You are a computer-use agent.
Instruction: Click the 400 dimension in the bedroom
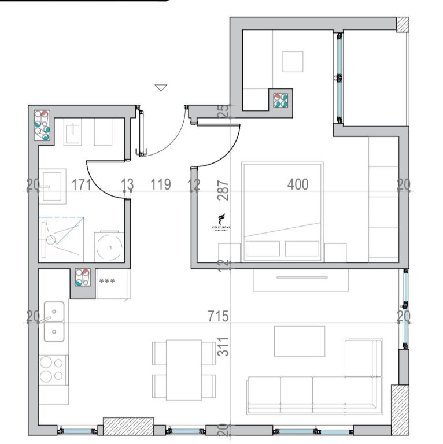298,184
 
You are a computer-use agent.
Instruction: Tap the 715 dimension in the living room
219,316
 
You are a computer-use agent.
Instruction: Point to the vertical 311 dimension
224,346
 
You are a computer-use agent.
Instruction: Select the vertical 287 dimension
224,191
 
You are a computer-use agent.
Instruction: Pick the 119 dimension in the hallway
160,184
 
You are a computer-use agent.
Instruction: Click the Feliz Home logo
221,223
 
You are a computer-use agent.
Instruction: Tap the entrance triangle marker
161,88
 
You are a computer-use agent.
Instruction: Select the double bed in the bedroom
282,209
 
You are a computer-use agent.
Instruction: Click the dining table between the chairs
183,369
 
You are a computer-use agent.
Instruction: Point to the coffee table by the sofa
299,341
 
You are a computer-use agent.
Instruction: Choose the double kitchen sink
54,321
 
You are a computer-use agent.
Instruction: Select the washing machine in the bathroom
109,246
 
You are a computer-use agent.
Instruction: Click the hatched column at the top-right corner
403,24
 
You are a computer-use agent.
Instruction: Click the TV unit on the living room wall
301,280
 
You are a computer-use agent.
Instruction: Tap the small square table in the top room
293,61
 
